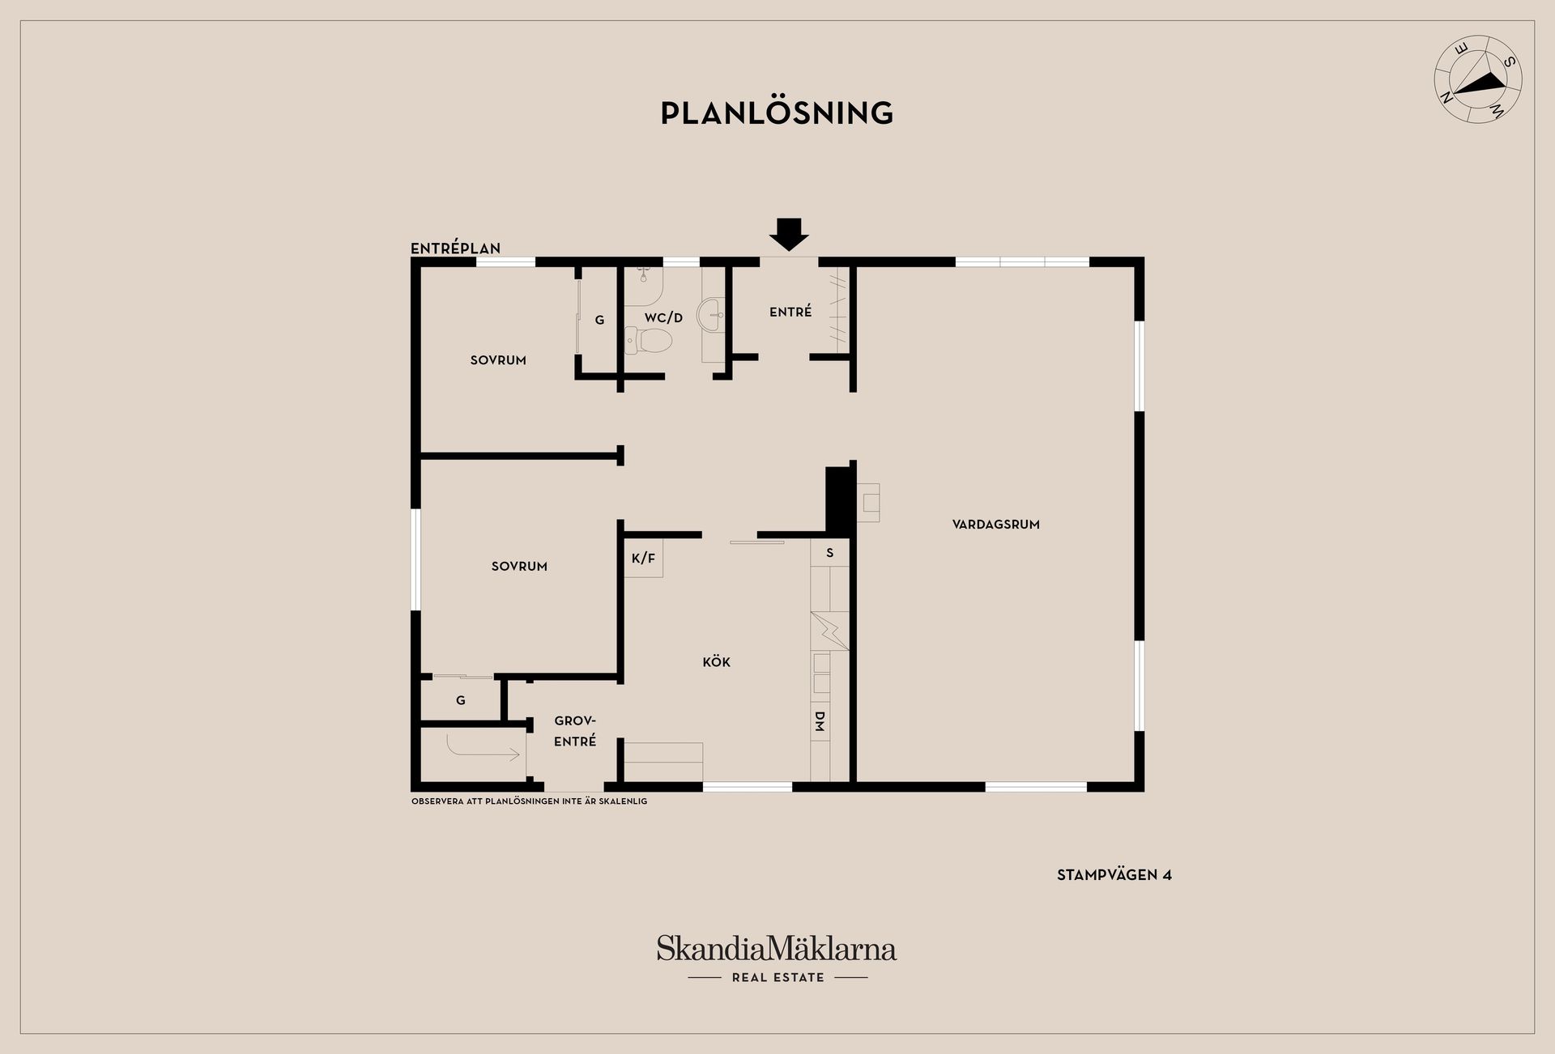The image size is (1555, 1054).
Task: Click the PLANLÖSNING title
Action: [777, 113]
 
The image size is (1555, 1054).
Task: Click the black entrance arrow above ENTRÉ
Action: [788, 234]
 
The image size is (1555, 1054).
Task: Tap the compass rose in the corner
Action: [1478, 79]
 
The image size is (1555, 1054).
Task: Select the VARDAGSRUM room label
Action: [995, 525]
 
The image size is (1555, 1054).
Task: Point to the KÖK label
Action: [716, 662]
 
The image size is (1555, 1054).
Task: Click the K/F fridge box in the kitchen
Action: [643, 558]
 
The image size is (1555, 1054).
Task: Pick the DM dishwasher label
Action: [819, 721]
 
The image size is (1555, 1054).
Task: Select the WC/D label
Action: [663, 318]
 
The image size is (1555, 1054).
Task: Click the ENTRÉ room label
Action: [790, 312]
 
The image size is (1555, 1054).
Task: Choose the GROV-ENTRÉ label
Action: [575, 731]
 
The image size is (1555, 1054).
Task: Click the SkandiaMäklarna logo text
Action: [777, 948]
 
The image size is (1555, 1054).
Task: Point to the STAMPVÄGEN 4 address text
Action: [1114, 875]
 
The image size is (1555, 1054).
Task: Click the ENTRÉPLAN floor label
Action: [455, 249]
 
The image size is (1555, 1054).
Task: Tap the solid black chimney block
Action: [839, 500]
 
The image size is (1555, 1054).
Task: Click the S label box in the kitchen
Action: [830, 553]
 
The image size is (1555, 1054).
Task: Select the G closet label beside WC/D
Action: [599, 320]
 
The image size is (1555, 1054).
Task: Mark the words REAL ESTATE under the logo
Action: [777, 978]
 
